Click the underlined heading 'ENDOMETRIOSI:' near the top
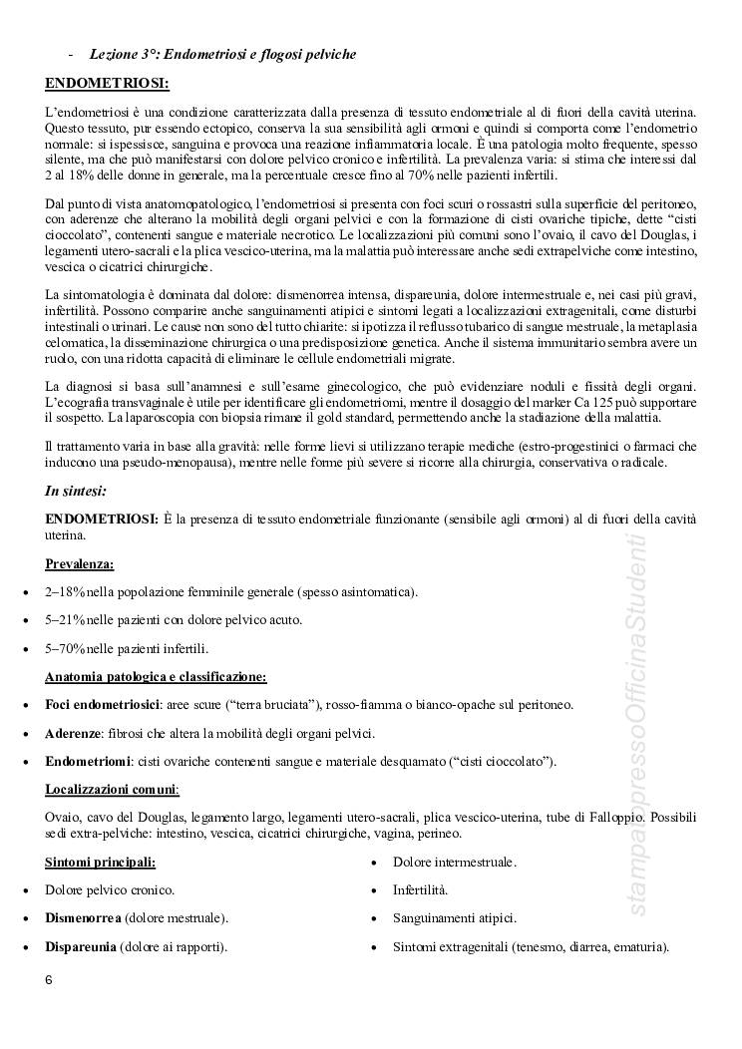[107, 83]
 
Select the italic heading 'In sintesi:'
[76, 491]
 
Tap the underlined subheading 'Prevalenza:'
[80, 563]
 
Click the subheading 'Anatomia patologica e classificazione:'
[156, 677]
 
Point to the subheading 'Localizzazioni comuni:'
[113, 789]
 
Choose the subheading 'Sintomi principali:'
[100, 861]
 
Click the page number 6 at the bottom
[49, 979]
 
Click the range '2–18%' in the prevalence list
[65, 592]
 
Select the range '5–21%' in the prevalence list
[65, 620]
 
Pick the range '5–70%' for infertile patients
[65, 648]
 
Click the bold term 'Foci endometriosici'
[103, 705]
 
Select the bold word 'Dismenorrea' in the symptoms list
[83, 917]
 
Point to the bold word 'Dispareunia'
[80, 946]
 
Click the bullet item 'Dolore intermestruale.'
[455, 861]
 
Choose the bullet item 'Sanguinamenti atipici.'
[455, 917]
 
